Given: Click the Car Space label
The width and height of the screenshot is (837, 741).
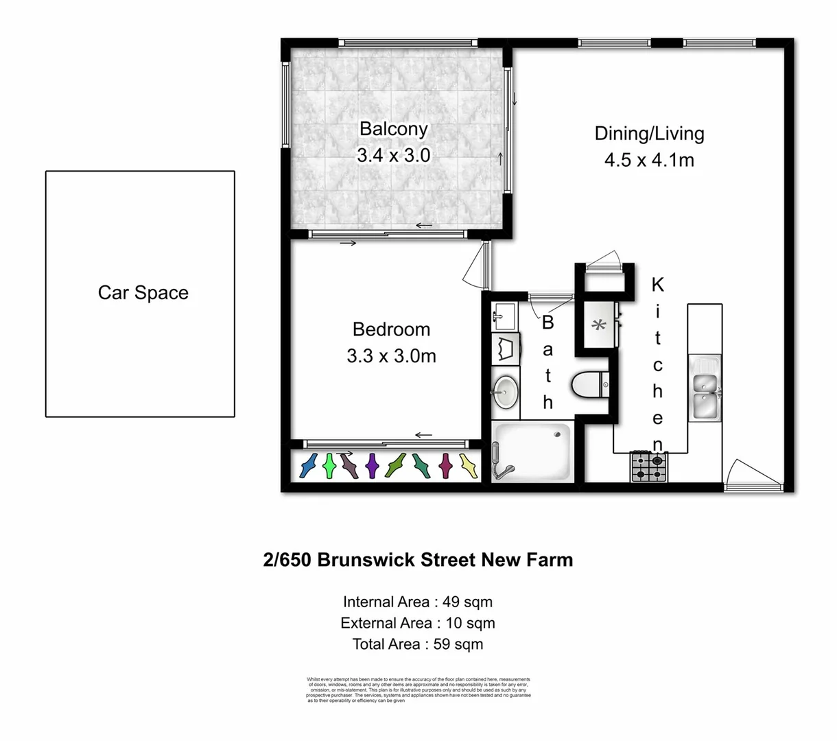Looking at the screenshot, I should click(x=143, y=293).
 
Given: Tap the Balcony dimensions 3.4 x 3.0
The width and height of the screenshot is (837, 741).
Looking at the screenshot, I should click(x=393, y=155).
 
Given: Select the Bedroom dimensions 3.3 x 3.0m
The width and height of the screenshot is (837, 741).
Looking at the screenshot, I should click(x=391, y=356).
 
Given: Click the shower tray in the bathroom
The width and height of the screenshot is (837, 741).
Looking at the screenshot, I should click(x=532, y=451).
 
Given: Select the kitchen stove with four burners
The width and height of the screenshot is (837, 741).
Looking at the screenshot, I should click(x=648, y=467).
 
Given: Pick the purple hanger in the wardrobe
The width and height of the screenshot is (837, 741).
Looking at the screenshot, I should click(x=372, y=466).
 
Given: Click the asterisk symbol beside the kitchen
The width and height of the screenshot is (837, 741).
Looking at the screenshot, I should click(x=599, y=326).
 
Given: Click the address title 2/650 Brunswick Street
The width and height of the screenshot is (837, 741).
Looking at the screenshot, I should click(x=418, y=560).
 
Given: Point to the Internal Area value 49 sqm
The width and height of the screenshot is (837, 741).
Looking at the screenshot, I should click(x=467, y=602).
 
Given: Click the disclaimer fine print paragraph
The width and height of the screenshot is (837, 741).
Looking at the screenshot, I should click(x=418, y=690).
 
